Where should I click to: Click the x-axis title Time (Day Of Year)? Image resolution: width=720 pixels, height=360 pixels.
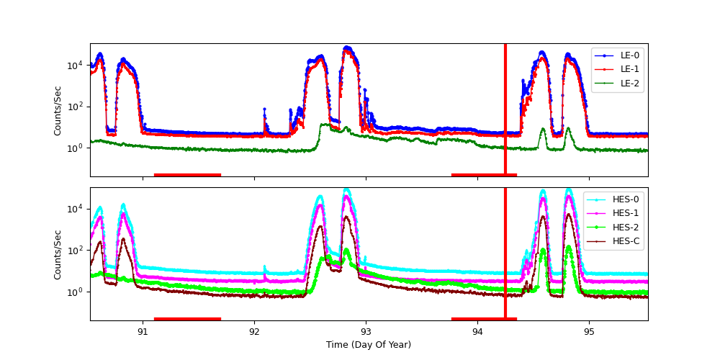click(369, 345)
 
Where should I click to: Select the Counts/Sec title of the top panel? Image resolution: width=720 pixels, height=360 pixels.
click(58, 110)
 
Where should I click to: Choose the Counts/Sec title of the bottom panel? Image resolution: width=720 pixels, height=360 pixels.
click(58, 254)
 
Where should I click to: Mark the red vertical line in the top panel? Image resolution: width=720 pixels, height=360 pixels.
click(505, 108)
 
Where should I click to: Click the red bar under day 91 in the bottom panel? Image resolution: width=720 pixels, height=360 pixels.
click(187, 319)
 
